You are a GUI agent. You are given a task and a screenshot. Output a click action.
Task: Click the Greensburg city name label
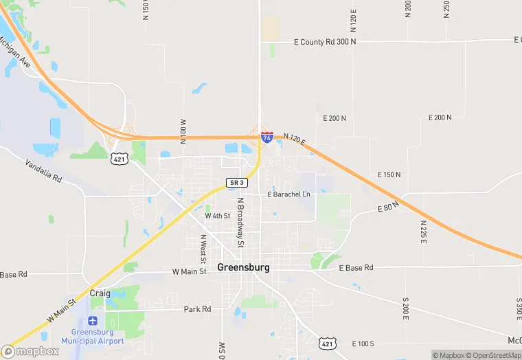tap(243, 267)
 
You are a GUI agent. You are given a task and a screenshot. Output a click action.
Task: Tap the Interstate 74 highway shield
tap(267, 137)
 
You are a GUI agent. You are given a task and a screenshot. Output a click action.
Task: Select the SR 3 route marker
tap(236, 183)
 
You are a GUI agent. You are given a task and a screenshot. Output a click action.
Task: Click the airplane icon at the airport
tap(93, 321)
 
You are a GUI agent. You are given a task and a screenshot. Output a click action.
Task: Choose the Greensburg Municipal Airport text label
tap(93, 337)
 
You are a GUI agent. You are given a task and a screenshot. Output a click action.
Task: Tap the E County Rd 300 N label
tap(324, 42)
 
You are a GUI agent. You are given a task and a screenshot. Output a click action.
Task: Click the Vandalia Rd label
tap(43, 171)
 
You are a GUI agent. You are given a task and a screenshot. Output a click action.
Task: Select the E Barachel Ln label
tap(288, 194)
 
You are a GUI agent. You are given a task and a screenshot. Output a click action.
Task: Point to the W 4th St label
tap(218, 216)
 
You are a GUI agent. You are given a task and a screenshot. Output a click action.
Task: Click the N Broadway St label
tap(240, 223)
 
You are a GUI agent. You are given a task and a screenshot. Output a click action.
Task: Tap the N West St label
tap(203, 249)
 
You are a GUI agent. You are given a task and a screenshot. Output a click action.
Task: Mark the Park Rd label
tap(197, 309)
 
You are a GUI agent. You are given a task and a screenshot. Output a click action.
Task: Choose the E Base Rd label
tap(356, 267)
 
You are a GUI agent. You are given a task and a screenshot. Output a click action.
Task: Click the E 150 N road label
tap(389, 175)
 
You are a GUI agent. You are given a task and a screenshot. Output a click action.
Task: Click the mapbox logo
tap(30, 350)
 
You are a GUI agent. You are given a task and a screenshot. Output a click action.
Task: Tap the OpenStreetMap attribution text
tap(494, 355)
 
